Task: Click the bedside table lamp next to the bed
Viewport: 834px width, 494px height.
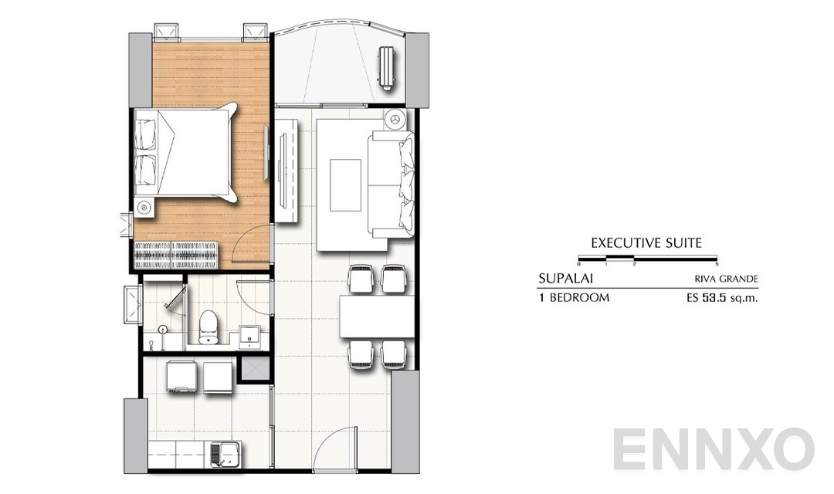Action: tap(144, 206)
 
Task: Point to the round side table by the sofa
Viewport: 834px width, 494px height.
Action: tap(395, 119)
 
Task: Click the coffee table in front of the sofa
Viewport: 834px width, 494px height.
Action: tap(345, 184)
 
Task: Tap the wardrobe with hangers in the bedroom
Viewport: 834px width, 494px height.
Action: tap(176, 253)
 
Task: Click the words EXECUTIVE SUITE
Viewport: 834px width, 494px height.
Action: tap(646, 242)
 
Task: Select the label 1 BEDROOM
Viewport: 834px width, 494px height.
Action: tap(574, 297)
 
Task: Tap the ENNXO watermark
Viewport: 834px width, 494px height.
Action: tap(714, 449)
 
